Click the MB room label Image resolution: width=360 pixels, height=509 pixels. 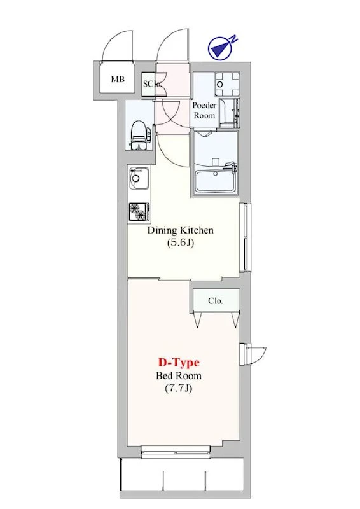pyautogui.click(x=118, y=79)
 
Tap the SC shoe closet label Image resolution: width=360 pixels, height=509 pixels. pyautogui.click(x=148, y=84)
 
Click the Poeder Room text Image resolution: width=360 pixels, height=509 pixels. pyautogui.click(x=204, y=110)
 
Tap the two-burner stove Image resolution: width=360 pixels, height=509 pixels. pyautogui.click(x=139, y=212)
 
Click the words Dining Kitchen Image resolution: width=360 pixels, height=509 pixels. pyautogui.click(x=181, y=230)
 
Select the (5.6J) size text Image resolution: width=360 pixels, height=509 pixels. pyautogui.click(x=181, y=242)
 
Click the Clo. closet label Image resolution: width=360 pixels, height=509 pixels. pyautogui.click(x=216, y=301)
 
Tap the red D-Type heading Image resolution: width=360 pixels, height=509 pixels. pyautogui.click(x=179, y=362)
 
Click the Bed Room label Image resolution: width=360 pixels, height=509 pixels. pyautogui.click(x=179, y=375)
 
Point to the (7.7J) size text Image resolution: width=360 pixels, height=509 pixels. pyautogui.click(x=179, y=388)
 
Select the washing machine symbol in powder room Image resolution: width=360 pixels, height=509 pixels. pyautogui.click(x=228, y=84)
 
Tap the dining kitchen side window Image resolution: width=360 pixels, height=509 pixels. pyautogui.click(x=245, y=237)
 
